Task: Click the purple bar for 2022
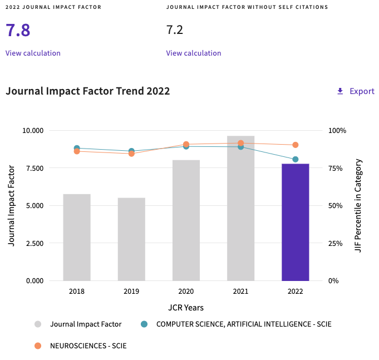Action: pyautogui.click(x=295, y=223)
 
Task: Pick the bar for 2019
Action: pyautogui.click(x=131, y=239)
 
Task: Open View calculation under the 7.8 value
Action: pyautogui.click(x=33, y=53)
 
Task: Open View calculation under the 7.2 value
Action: pyautogui.click(x=194, y=53)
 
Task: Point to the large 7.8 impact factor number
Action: pyautogui.click(x=18, y=30)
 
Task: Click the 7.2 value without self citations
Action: pyautogui.click(x=175, y=30)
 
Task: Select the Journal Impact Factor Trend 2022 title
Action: pyautogui.click(x=87, y=91)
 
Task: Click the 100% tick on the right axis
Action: pyautogui.click(x=337, y=131)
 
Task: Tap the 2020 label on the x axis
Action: pyautogui.click(x=186, y=292)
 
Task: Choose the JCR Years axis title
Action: pyautogui.click(x=186, y=308)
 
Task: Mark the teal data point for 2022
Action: pyautogui.click(x=295, y=160)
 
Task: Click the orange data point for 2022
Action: pyautogui.click(x=295, y=145)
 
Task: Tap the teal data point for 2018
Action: pyautogui.click(x=77, y=148)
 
